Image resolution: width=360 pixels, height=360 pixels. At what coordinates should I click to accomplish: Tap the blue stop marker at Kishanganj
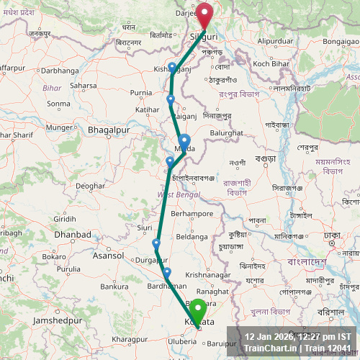[x=172, y=68]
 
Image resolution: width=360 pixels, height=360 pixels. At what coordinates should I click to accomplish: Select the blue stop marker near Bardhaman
[x=167, y=273]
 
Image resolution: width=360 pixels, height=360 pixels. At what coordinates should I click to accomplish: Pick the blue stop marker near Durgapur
[x=156, y=244]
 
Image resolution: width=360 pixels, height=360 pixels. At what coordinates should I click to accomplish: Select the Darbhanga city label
[x=59, y=71]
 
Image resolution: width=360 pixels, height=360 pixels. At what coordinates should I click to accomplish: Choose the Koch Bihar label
[x=271, y=64]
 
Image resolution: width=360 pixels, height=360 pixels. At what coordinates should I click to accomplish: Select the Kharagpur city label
[x=130, y=338]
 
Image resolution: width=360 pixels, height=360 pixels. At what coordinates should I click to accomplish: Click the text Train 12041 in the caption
[x=330, y=348]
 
